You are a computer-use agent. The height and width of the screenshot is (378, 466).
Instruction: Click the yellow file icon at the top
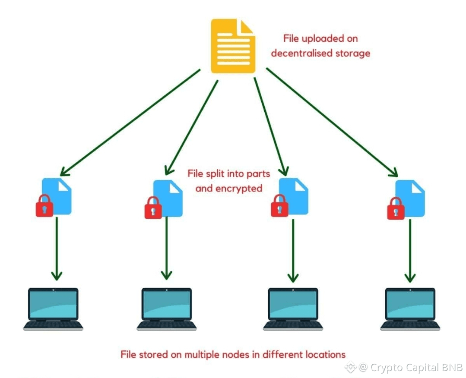click(232, 46)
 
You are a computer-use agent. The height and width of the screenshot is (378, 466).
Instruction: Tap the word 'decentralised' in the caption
click(298, 54)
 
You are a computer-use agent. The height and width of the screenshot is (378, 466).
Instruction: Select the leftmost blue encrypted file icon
click(58, 196)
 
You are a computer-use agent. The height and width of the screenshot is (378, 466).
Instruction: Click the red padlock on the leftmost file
click(44, 206)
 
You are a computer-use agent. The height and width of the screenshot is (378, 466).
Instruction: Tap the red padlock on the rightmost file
click(396, 208)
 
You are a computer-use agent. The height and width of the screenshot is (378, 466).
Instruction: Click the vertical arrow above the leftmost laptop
click(56, 248)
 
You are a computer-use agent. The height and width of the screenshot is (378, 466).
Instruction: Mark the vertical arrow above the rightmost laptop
click(410, 250)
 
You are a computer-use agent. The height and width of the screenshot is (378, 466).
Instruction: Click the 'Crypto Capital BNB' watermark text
click(411, 368)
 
